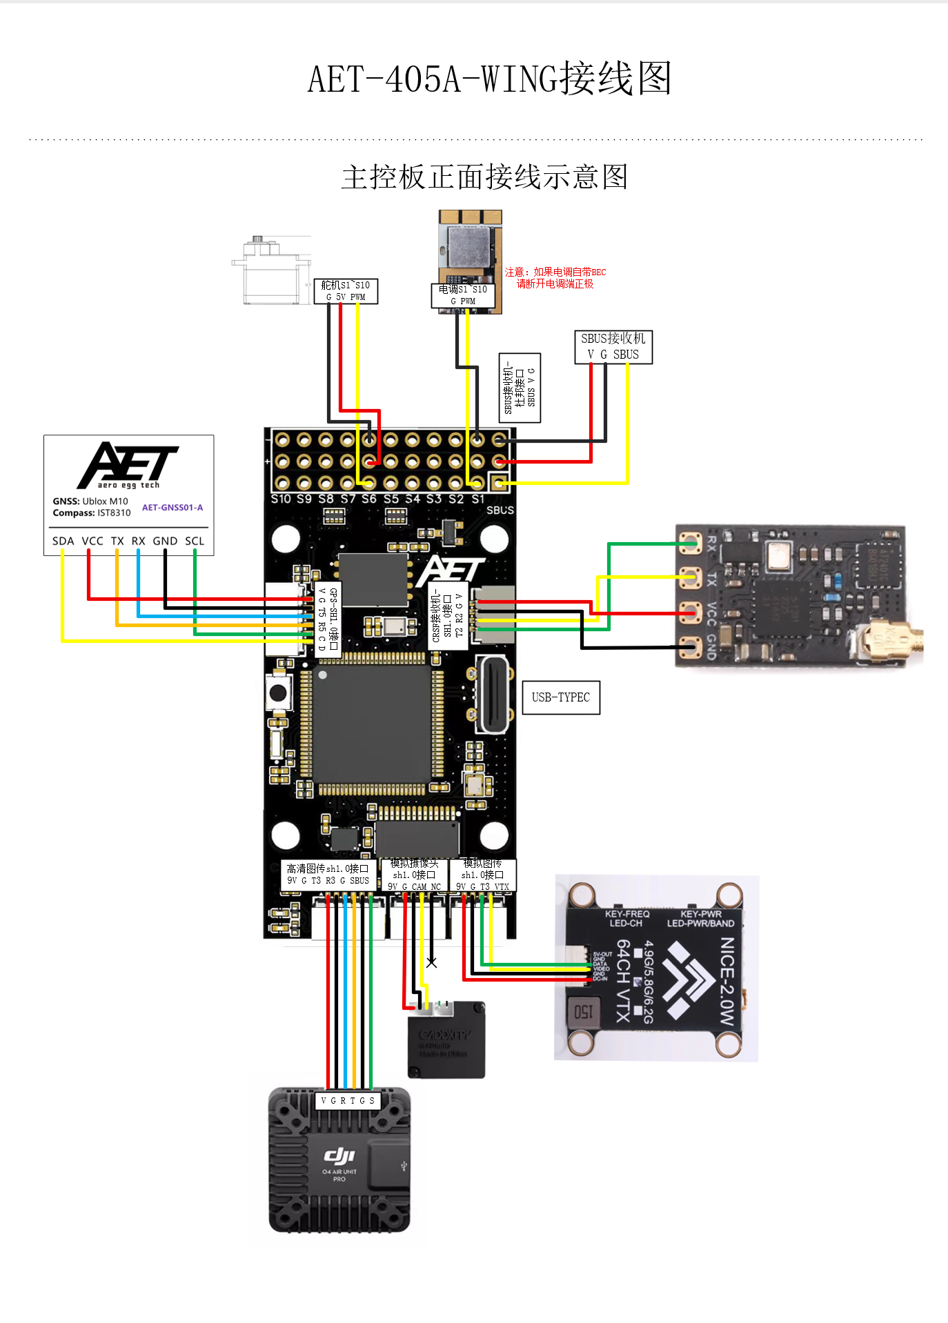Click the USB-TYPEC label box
tap(561, 697)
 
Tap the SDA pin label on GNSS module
tap(63, 541)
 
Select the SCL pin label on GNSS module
tap(195, 541)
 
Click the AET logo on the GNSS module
tap(128, 465)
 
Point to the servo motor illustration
tap(271, 271)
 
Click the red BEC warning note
tap(555, 278)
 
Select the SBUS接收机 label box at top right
tap(613, 346)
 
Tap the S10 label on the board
tap(281, 499)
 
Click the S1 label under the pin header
tap(477, 499)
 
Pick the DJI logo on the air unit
tap(339, 1155)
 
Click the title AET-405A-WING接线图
tap(489, 79)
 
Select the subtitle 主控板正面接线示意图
tap(484, 177)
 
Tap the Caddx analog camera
tap(446, 1039)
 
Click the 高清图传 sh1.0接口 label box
tap(328, 874)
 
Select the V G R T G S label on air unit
tap(348, 1100)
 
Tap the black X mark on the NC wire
tap(432, 962)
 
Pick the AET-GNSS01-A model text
tap(172, 508)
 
